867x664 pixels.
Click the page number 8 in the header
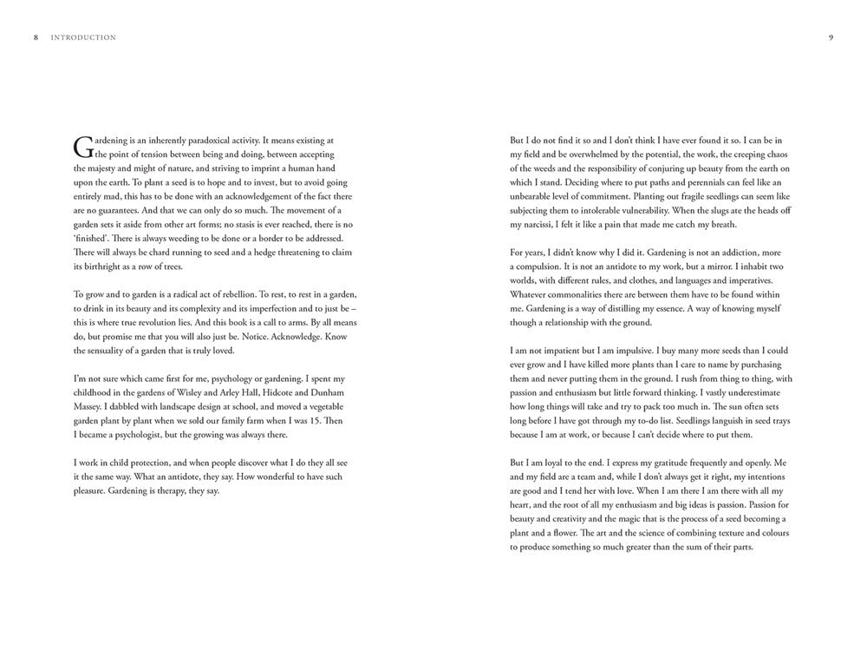pos(36,38)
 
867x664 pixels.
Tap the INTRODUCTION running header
pos(83,38)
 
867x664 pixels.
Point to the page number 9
pos(831,38)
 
